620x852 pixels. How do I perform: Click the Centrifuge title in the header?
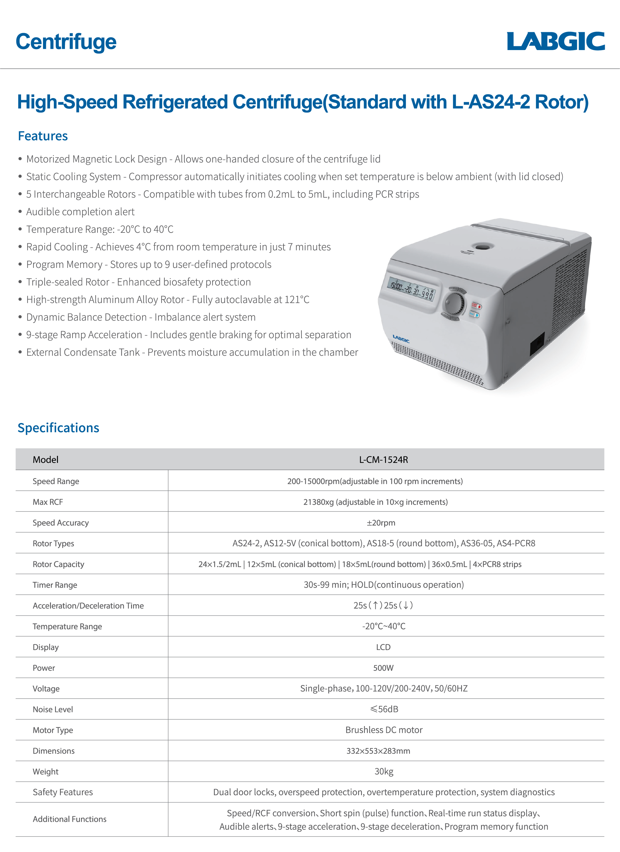click(x=66, y=42)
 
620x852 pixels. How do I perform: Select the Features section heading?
click(x=43, y=136)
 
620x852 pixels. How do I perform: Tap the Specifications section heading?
click(x=58, y=428)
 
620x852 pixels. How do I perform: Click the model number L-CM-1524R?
click(x=383, y=459)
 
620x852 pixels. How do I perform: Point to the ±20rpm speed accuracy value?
click(x=381, y=523)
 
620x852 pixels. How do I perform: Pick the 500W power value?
click(x=383, y=668)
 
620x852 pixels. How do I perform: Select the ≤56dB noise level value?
click(x=384, y=709)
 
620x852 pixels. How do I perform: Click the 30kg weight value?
click(x=384, y=771)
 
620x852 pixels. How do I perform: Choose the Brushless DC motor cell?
click(x=384, y=730)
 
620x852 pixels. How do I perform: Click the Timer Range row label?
click(x=55, y=585)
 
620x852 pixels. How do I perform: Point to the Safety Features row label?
click(x=63, y=792)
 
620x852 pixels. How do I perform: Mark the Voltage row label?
click(x=46, y=689)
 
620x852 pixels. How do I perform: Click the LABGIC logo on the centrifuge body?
click(x=401, y=339)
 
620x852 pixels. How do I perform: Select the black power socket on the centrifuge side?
click(x=537, y=344)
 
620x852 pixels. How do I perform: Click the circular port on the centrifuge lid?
click(x=483, y=247)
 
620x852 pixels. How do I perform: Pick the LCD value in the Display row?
click(x=383, y=647)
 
